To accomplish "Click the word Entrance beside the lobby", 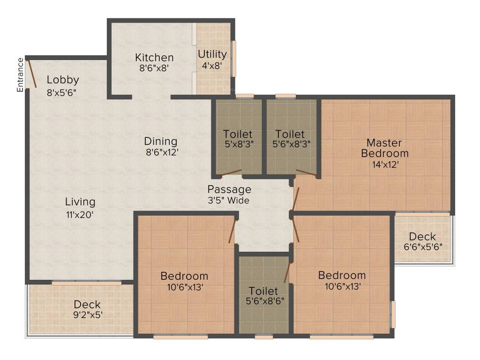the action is [x=20, y=75].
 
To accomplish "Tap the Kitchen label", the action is [x=154, y=58].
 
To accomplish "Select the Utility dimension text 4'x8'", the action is [x=212, y=66].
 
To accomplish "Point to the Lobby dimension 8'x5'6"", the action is [x=61, y=92].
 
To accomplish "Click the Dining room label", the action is [x=161, y=141].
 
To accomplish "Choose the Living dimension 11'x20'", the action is [x=80, y=215].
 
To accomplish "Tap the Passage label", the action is [x=229, y=189].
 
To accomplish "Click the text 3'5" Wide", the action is [x=228, y=201].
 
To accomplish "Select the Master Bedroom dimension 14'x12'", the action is [x=385, y=165].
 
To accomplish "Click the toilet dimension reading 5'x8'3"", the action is [x=239, y=144].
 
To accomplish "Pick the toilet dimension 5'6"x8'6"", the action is [x=265, y=301].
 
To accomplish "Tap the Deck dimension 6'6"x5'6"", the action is [x=423, y=247].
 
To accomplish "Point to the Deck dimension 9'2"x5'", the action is [x=88, y=315].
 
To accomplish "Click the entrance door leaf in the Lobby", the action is [x=32, y=74].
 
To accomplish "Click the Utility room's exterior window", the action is [x=234, y=59].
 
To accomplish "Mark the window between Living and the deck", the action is [x=87, y=283].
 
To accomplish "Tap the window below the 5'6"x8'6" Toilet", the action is [x=264, y=337].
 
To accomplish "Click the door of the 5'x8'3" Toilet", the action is [x=232, y=173].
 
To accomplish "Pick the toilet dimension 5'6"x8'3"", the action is [x=292, y=144].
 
